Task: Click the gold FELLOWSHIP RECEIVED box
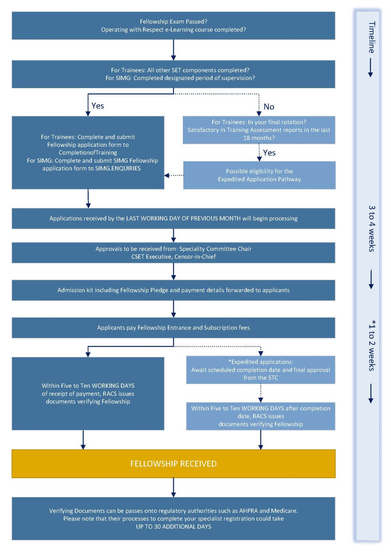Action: [173, 463]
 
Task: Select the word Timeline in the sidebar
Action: [371, 37]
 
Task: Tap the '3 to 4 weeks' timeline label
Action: [371, 228]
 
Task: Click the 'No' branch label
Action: [269, 106]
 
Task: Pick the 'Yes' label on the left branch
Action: [97, 106]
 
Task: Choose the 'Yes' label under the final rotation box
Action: [269, 153]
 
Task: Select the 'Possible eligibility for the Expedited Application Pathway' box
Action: [259, 175]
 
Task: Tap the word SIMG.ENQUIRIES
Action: [118, 168]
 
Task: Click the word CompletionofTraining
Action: [88, 153]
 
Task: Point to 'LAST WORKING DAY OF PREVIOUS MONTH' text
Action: [183, 218]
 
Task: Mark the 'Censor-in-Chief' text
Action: [195, 256]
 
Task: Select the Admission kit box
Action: [173, 290]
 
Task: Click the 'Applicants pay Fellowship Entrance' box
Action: [173, 327]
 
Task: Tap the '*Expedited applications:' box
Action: [261, 370]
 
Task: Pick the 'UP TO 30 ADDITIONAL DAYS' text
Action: [173, 526]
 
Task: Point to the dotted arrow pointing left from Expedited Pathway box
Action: [174, 175]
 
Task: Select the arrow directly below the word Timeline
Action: [370, 67]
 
